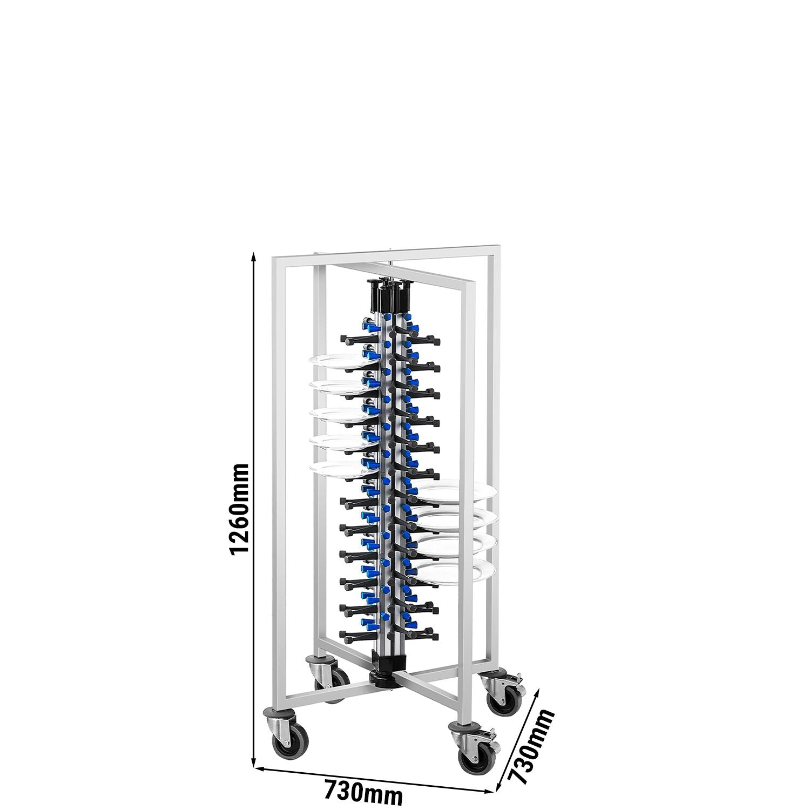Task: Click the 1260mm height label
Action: pos(238,509)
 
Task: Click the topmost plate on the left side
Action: pos(336,361)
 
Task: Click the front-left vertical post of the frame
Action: pos(277,486)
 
